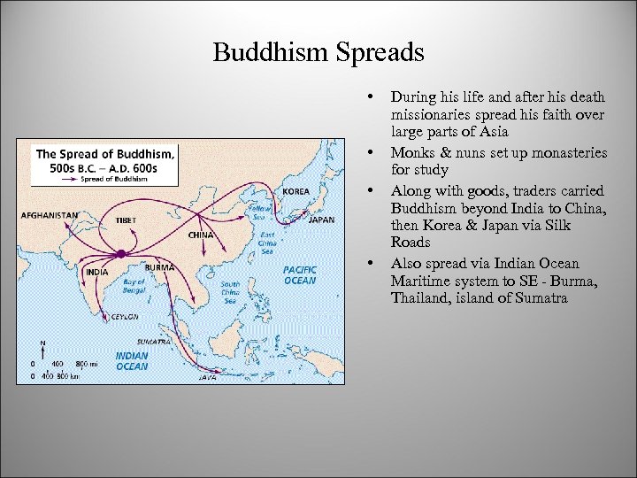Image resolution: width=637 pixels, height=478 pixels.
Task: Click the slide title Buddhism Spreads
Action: pos(318,52)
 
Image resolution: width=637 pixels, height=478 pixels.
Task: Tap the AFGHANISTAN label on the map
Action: pos(50,215)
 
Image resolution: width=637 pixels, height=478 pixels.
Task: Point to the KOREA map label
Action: pos(295,191)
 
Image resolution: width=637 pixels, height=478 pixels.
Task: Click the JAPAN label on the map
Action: pos(321,220)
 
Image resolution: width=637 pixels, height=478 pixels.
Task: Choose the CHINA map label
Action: pos(201,235)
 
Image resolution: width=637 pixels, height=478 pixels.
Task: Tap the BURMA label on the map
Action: pos(159,266)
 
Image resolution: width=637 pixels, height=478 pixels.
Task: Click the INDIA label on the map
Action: pos(96,272)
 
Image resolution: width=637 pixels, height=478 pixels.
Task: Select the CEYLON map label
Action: pos(124,315)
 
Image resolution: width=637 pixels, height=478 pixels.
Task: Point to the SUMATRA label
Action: pos(152,340)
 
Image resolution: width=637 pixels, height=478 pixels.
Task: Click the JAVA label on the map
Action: pos(205,376)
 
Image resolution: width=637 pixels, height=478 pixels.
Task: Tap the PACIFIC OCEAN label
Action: pos(300,274)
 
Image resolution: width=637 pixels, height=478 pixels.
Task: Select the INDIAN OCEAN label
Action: pos(132,361)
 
